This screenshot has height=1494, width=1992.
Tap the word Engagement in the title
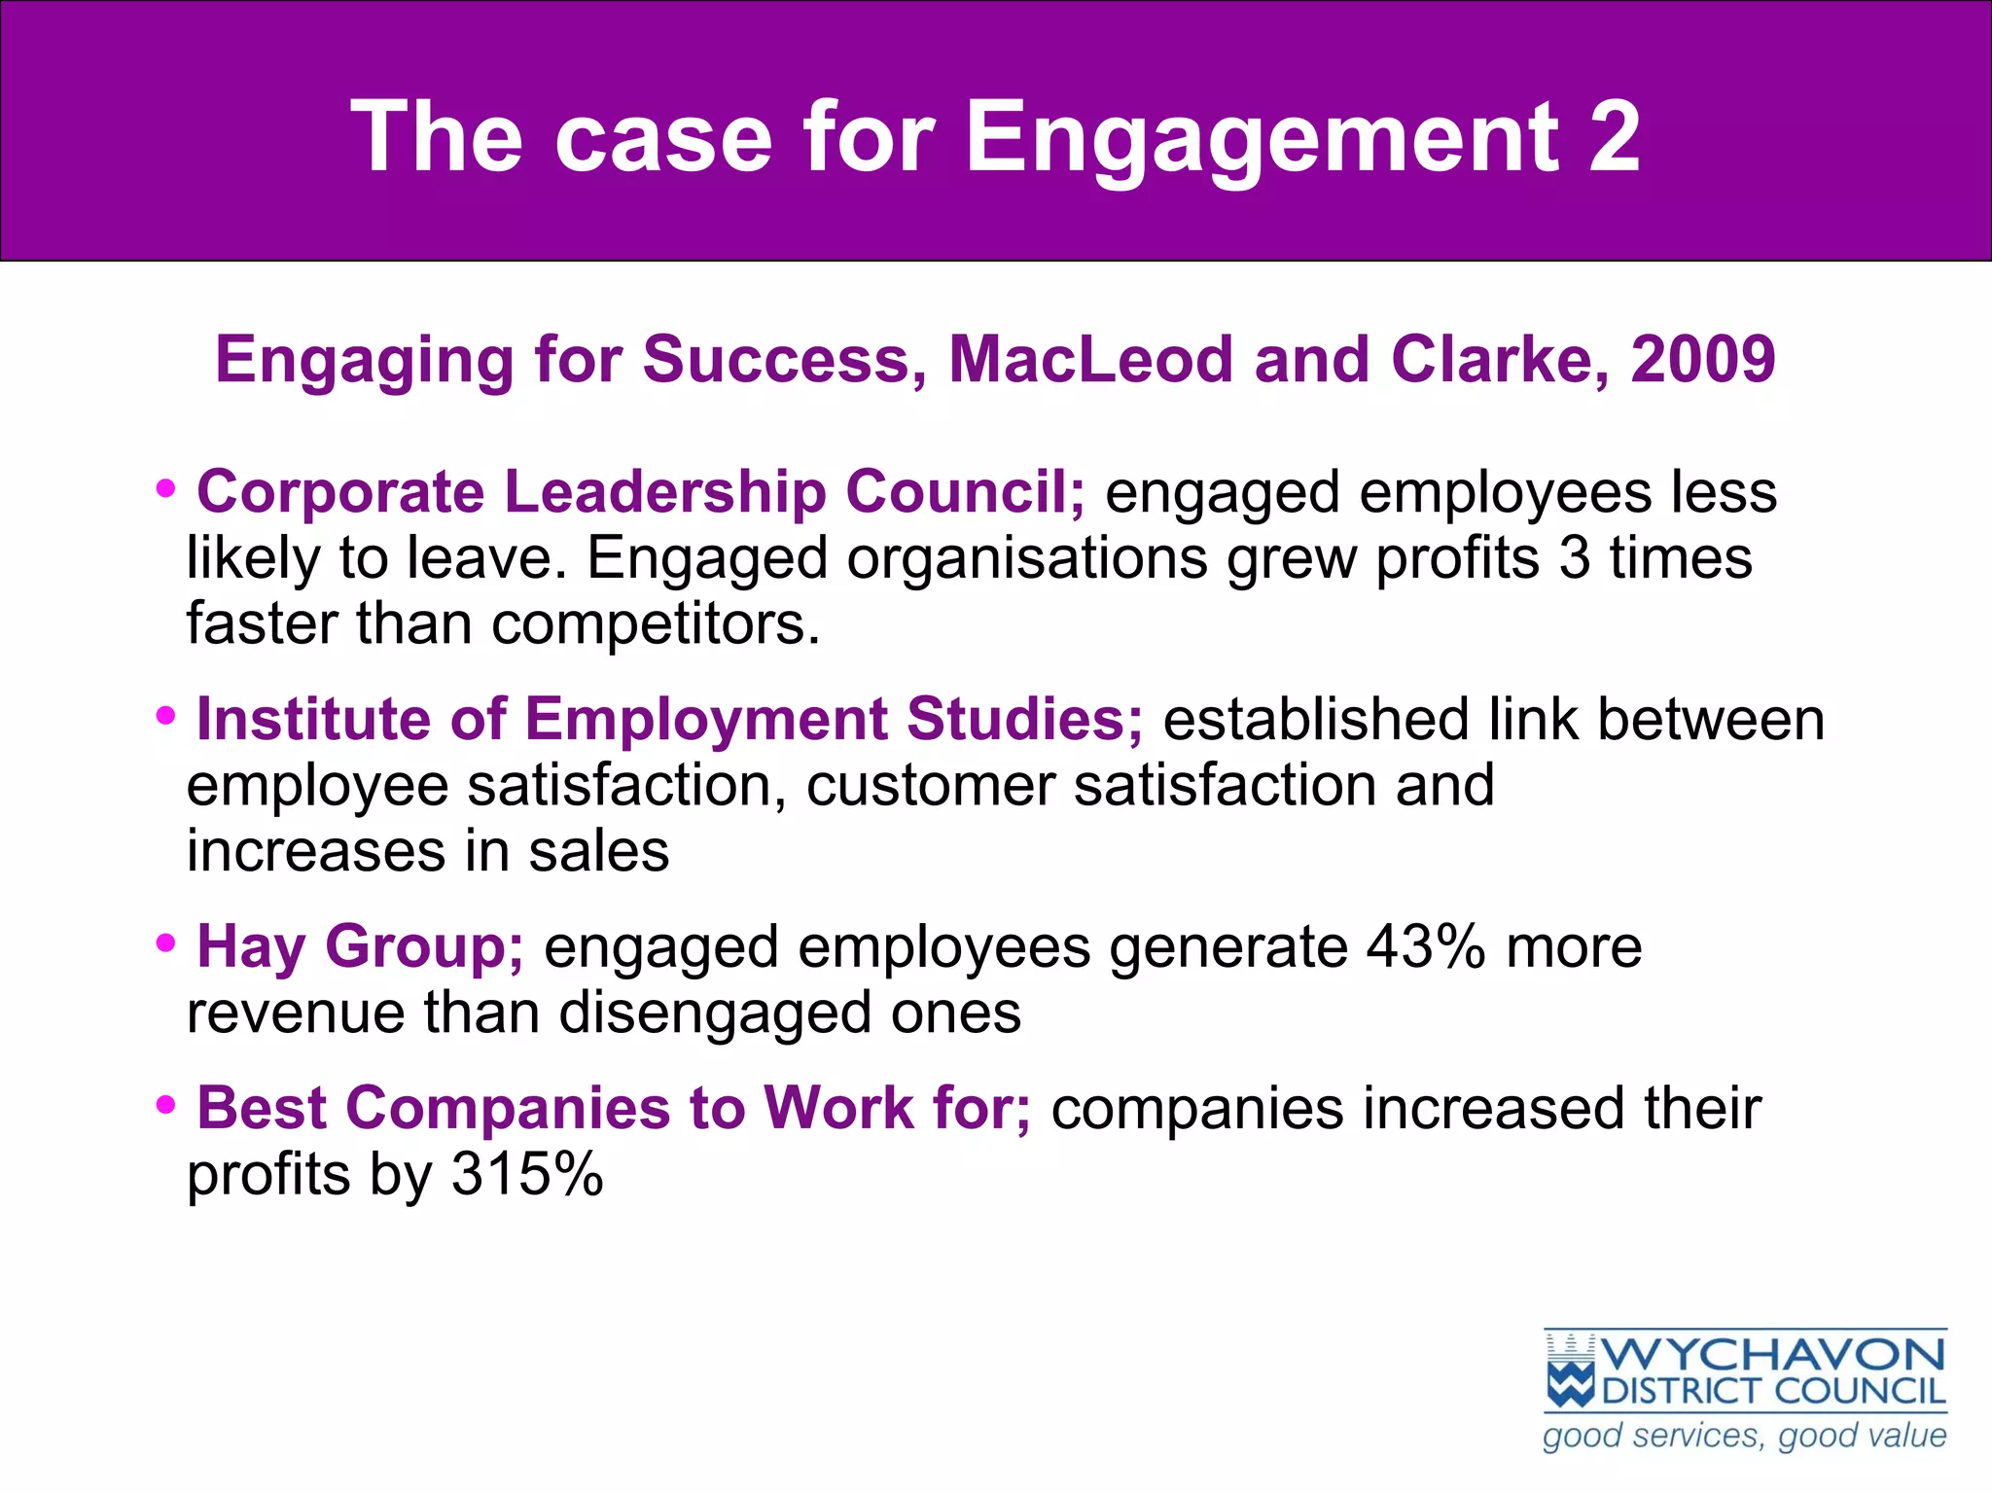pos(1261,138)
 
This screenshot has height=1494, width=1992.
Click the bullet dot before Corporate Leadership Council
pos(166,488)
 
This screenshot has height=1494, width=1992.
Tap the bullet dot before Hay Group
pos(166,943)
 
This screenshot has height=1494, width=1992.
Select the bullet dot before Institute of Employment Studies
pos(166,717)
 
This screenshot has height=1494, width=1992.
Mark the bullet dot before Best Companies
pos(166,1105)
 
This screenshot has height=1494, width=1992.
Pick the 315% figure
pos(526,1175)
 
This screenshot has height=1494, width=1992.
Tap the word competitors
pos(656,624)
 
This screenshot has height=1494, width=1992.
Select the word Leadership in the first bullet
pos(664,492)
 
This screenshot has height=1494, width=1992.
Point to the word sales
pos(598,851)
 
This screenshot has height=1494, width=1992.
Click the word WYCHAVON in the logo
pos(1772,1355)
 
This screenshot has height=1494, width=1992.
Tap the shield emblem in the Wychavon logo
pos(1570,1371)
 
